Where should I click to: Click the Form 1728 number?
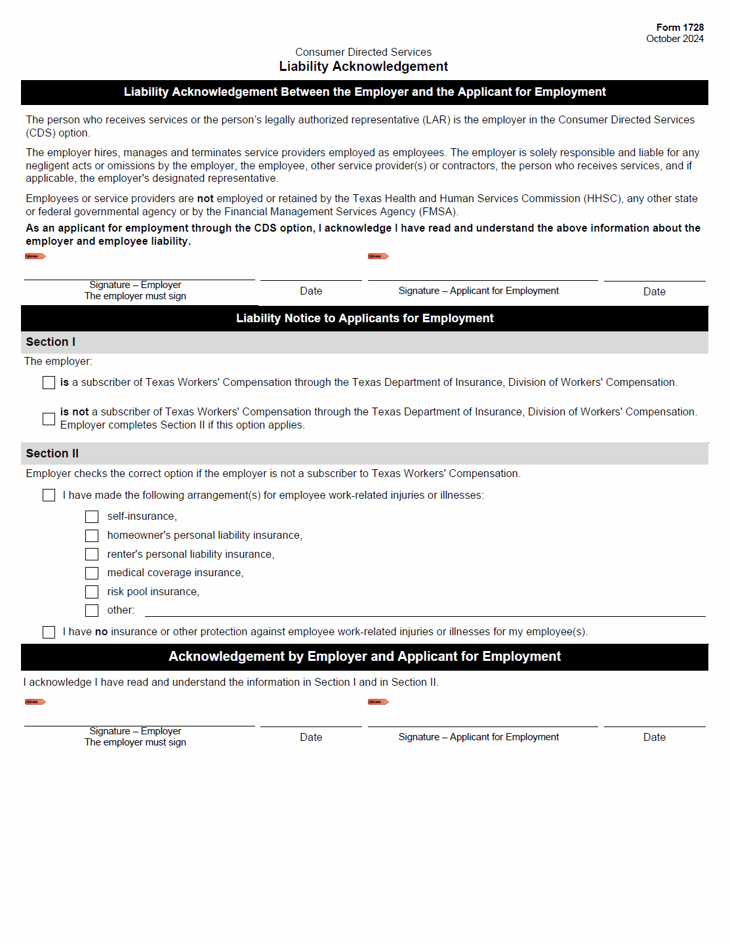(679, 28)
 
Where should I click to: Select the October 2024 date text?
(674, 39)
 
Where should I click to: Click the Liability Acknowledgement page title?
(363, 66)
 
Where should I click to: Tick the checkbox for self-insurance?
(92, 517)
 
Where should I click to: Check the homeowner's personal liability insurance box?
(92, 536)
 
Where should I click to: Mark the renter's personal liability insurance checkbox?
(92, 555)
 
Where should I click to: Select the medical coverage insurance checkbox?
(92, 574)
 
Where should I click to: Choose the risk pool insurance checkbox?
(92, 592)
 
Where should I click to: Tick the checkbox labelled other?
(92, 611)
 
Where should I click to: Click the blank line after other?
(424, 611)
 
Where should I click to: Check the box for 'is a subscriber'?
(49, 383)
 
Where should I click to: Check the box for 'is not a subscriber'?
(49, 419)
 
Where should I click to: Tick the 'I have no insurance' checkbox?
(49, 632)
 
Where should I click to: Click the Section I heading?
(51, 342)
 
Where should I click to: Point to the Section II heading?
(52, 453)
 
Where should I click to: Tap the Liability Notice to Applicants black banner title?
(365, 318)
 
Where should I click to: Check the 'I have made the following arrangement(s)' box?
(49, 495)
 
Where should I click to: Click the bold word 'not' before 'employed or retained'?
(205, 199)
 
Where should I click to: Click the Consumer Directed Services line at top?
(363, 52)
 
